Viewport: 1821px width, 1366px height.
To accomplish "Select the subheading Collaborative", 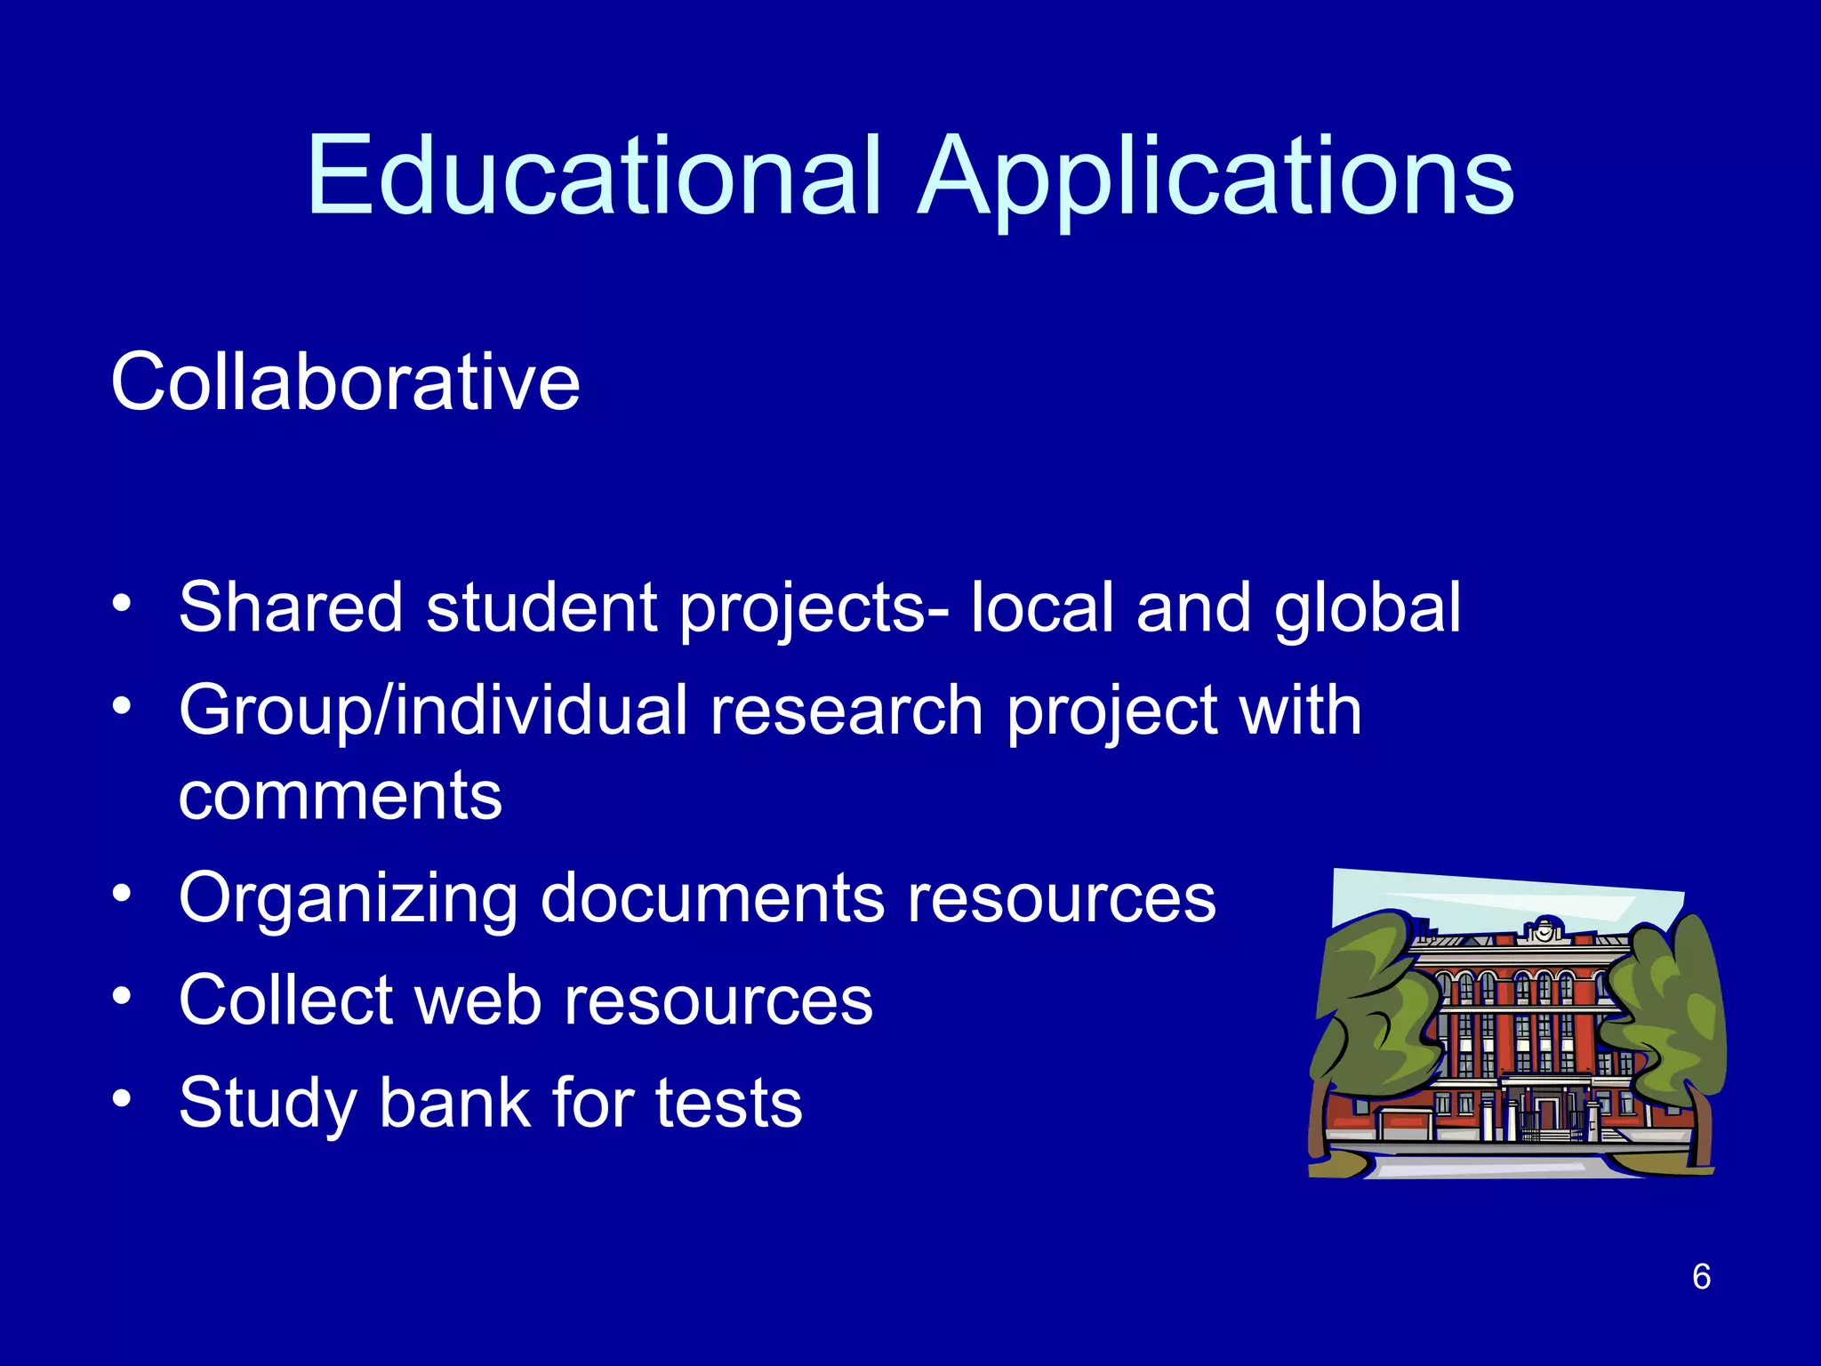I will pyautogui.click(x=345, y=382).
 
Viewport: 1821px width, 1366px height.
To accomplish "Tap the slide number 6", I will pyautogui.click(x=1701, y=1276).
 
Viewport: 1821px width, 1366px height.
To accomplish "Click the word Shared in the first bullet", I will pyautogui.click(x=291, y=607).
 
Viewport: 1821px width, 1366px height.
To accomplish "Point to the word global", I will pyautogui.click(x=1367, y=609).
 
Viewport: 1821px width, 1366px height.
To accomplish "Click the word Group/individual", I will pyautogui.click(x=433, y=711).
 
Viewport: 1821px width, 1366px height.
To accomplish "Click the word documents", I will pyautogui.click(x=712, y=898).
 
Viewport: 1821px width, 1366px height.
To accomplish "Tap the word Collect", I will pyautogui.click(x=285, y=1000).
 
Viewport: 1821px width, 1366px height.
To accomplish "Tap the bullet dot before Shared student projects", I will pyautogui.click(x=122, y=603).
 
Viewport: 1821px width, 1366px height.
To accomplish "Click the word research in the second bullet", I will pyautogui.click(x=846, y=711).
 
